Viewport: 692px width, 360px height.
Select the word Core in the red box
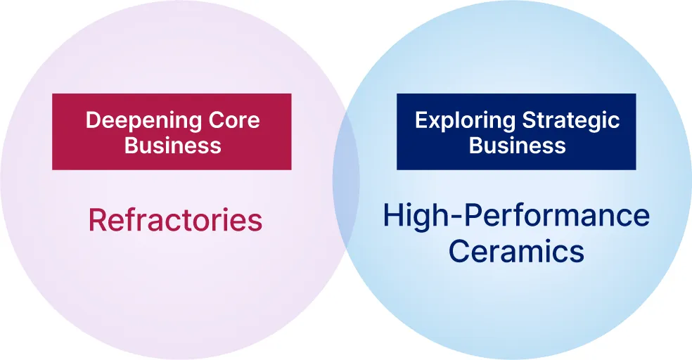[x=234, y=120]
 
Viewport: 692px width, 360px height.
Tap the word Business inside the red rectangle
[x=172, y=146]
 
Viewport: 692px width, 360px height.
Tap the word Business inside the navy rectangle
[x=517, y=146]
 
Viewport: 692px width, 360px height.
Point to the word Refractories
[x=175, y=221]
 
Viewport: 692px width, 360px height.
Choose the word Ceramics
[x=517, y=251]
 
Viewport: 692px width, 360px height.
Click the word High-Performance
[x=517, y=215]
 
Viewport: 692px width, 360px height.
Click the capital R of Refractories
[x=96, y=221]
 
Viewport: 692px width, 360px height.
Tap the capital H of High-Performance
[x=393, y=215]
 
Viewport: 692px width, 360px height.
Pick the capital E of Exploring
[x=421, y=120]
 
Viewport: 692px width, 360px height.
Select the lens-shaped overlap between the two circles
[x=346, y=180]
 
